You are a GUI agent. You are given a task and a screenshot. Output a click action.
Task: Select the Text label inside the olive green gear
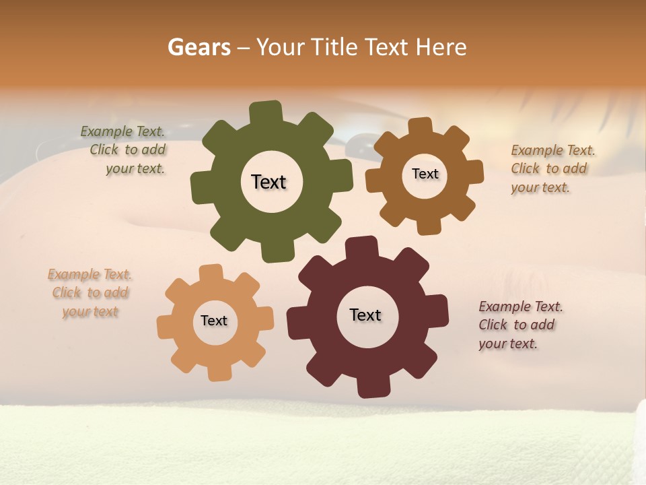[268, 182]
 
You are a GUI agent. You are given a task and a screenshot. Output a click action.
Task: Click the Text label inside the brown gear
[425, 174]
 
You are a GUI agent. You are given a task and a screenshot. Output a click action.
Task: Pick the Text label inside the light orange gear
[214, 321]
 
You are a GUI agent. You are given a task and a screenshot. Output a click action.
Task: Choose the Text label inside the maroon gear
[365, 315]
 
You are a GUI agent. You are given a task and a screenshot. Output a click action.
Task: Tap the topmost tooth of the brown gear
[421, 126]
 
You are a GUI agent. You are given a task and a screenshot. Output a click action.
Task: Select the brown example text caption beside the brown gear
[551, 168]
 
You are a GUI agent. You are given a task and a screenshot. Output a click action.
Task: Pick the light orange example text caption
[90, 293]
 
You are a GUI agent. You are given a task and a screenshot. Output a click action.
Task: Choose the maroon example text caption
[519, 325]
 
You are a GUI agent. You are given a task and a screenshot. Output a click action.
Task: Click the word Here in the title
[441, 47]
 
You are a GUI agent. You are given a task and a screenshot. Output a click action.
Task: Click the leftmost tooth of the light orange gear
[166, 327]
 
